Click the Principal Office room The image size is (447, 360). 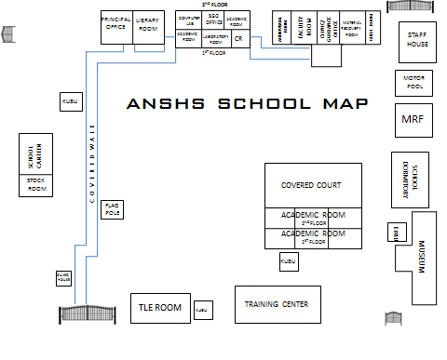click(115, 27)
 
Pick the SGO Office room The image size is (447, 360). click(213, 20)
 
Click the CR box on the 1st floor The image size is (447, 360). click(238, 39)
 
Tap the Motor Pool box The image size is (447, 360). click(413, 82)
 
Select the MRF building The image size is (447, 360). click(412, 119)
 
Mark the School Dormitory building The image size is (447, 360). click(411, 180)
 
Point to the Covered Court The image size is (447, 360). click(313, 185)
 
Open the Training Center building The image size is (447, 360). click(277, 303)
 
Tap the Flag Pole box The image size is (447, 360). click(112, 208)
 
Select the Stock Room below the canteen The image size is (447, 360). click(37, 185)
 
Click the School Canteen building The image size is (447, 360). click(37, 153)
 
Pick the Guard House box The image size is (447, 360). click(63, 277)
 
